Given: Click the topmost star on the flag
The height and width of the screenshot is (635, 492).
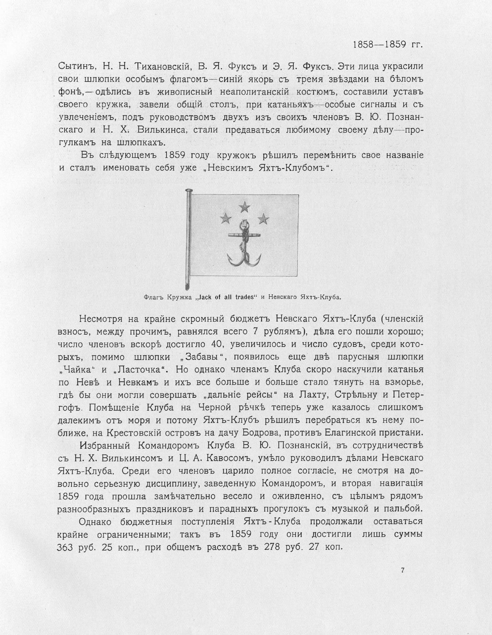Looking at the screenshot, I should pos(244,207).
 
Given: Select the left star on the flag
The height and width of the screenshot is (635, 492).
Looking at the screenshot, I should pos(225,217).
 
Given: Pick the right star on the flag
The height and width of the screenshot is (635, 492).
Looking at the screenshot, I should pos(263,217).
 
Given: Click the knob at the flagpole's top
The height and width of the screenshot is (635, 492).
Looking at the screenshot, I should pos(187,190).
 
